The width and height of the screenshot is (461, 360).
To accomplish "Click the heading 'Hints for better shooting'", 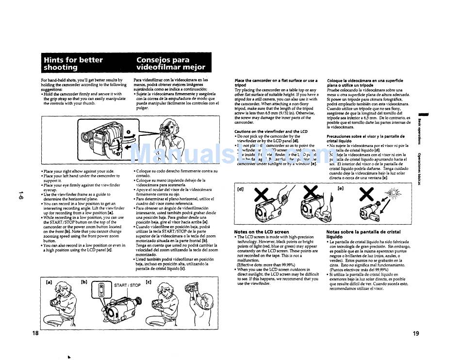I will pyautogui.click(x=73, y=64).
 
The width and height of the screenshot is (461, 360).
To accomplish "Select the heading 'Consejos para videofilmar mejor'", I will pyautogui.click(x=170, y=64).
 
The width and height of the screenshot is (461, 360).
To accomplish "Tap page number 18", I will pyautogui.click(x=35, y=333).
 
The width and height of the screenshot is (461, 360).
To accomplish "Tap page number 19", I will pyautogui.click(x=416, y=333).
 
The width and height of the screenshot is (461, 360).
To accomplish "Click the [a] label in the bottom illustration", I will pyautogui.click(x=49, y=282).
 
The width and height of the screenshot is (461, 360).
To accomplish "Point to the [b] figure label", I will pyautogui.click(x=84, y=282).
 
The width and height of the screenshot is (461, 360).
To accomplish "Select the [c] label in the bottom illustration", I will pyautogui.click(x=148, y=282).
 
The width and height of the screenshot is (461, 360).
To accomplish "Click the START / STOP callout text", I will pyautogui.click(x=127, y=285).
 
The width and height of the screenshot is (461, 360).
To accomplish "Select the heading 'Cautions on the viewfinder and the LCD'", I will pyautogui.click(x=271, y=131).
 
